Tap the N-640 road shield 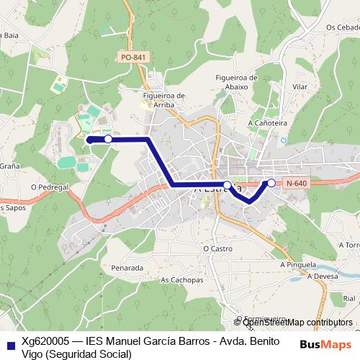click(x=297, y=184)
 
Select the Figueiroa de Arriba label click(x=165, y=99)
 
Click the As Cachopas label click(x=181, y=281)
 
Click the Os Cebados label click(x=342, y=27)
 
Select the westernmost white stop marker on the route click(x=108, y=139)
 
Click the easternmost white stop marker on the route click(x=271, y=183)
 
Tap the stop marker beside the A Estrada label click(x=228, y=186)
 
